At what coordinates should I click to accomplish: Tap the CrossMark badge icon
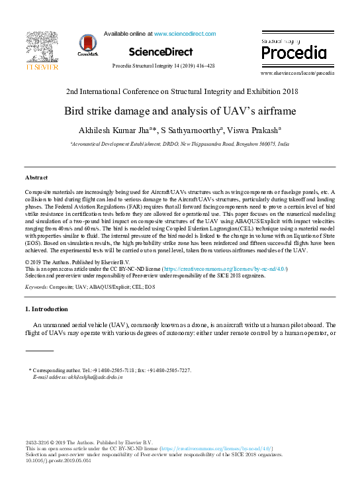click(87, 44)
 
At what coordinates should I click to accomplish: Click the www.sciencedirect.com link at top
click(185, 33)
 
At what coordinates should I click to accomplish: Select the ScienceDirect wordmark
click(161, 52)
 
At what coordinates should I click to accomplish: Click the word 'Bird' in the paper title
click(75, 111)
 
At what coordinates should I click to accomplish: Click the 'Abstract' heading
click(36, 178)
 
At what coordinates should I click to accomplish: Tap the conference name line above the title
click(180, 92)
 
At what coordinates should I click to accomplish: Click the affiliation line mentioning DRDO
click(180, 143)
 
